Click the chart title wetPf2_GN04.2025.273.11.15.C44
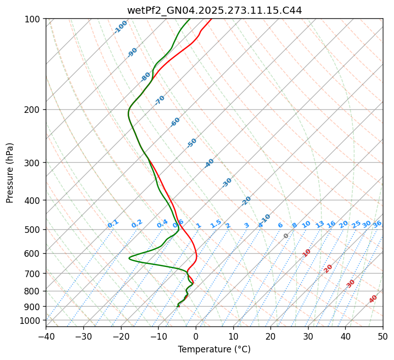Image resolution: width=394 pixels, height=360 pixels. (214, 11)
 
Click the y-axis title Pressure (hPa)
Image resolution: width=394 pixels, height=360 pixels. (10, 172)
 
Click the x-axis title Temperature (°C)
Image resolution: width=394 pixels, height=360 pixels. (214, 349)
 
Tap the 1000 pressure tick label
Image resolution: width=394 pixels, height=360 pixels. (30, 320)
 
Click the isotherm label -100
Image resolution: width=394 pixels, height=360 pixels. (120, 26)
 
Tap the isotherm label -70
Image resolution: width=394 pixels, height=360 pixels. (160, 100)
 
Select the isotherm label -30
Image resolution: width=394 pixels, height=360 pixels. (227, 183)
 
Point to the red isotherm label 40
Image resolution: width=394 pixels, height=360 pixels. (373, 299)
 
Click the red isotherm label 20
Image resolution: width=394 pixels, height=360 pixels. (328, 268)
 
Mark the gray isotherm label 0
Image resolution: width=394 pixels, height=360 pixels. (286, 236)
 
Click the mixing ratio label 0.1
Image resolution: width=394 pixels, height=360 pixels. (113, 224)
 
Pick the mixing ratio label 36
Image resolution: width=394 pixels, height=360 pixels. (377, 224)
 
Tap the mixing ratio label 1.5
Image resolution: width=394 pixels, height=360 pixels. (216, 224)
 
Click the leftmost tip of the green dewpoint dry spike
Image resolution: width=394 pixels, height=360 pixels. (129, 258)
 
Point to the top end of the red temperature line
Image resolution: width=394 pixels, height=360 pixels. (211, 19)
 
